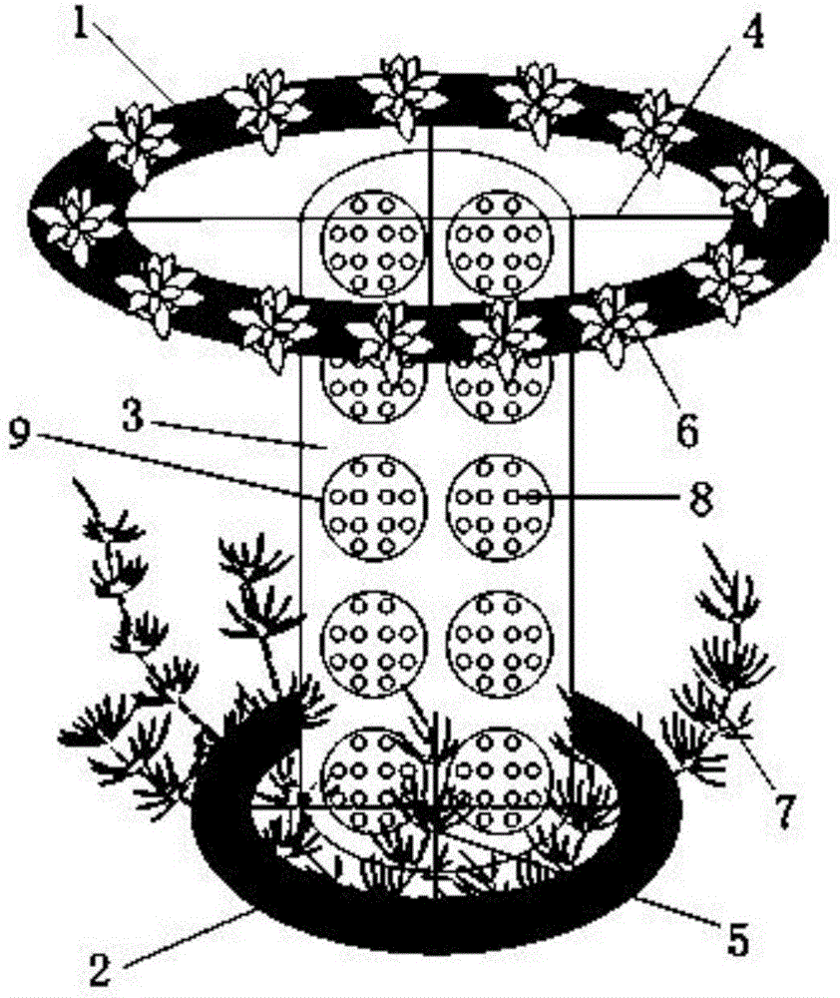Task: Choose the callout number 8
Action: click(x=702, y=498)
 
